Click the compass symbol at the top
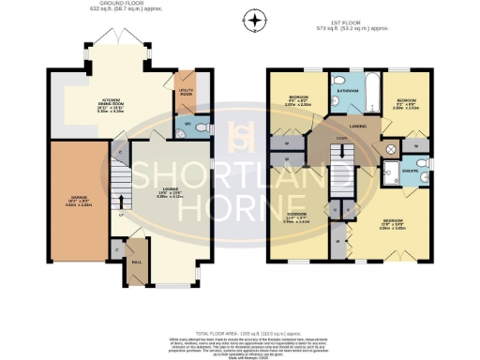point(251,18)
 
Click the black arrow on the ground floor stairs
point(121,200)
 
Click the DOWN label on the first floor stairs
point(342,134)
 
